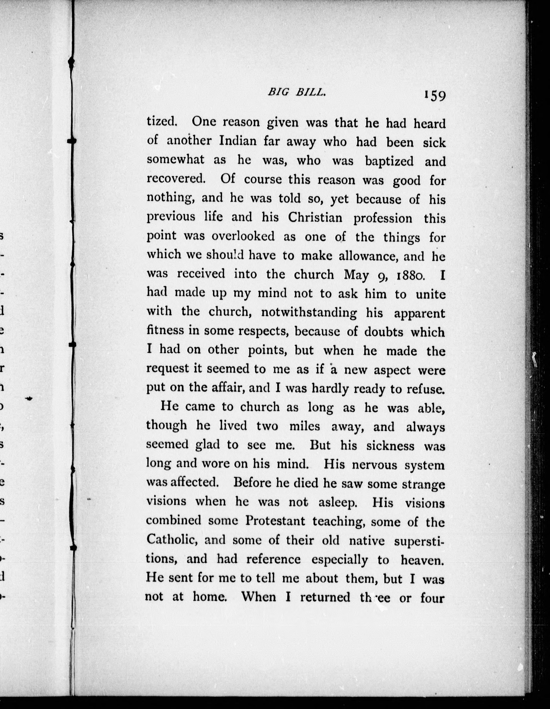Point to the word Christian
coord(315,217)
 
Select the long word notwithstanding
coord(309,313)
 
